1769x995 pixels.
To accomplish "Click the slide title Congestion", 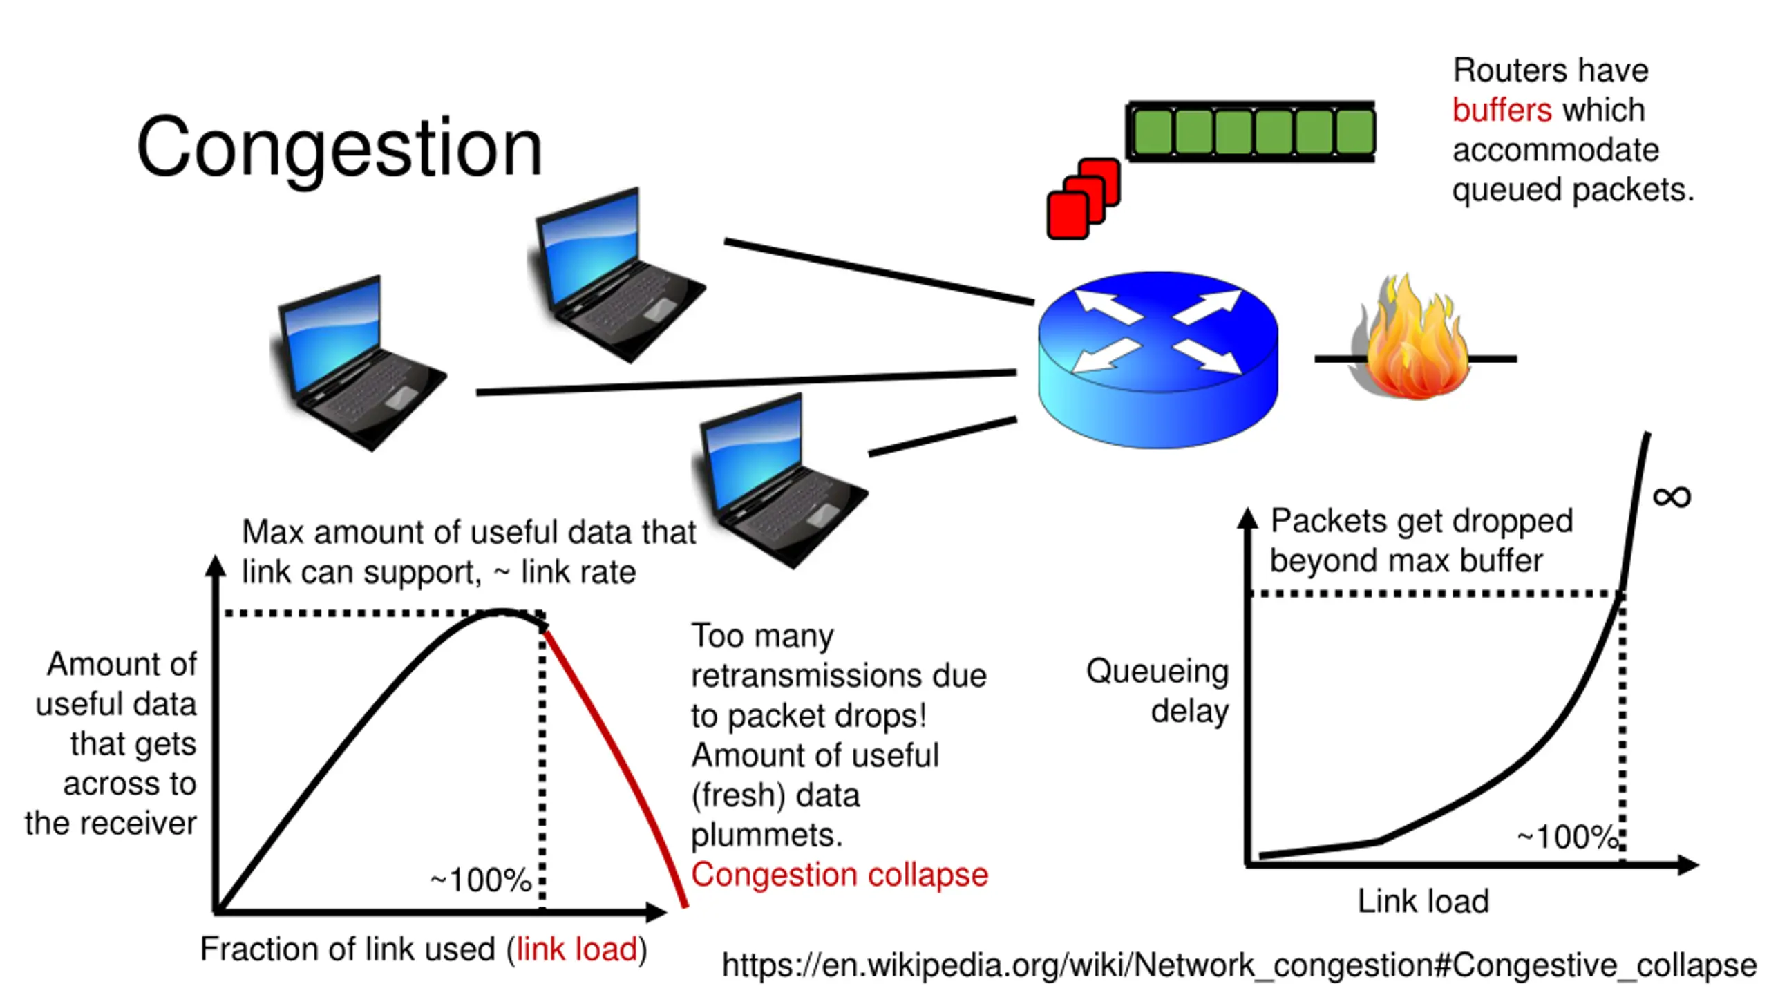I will click(339, 147).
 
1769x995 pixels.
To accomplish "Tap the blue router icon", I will click(1157, 359).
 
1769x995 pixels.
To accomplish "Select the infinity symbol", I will click(1672, 496).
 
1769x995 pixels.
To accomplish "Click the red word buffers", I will click(1502, 111).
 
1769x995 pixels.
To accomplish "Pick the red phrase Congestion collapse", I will click(839, 875).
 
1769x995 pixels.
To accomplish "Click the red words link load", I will click(576, 949).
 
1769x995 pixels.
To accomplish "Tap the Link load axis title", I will click(1423, 901).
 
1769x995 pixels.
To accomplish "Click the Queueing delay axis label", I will click(1158, 691).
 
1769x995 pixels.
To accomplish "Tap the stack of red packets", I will click(1083, 199).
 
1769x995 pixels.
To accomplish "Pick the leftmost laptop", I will click(356, 363).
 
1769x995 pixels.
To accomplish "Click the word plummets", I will click(766, 835).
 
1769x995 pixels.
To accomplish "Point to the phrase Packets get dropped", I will click(1421, 521).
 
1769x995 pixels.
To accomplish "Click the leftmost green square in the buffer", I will click(1153, 131).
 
